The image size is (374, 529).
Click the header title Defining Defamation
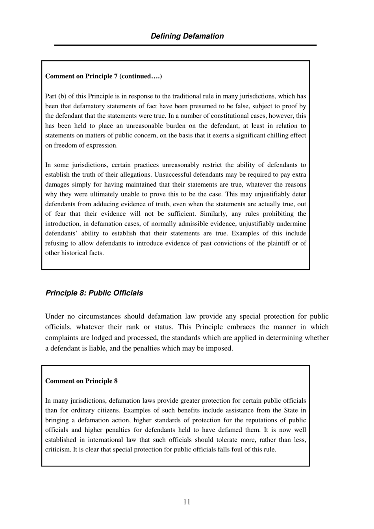tap(187, 36)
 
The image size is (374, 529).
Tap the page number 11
tap(187, 502)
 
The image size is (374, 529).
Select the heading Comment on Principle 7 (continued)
tap(104, 76)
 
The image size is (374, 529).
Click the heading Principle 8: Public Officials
tap(94, 293)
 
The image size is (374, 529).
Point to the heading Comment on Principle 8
tap(81, 381)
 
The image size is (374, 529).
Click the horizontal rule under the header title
tap(185, 45)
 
